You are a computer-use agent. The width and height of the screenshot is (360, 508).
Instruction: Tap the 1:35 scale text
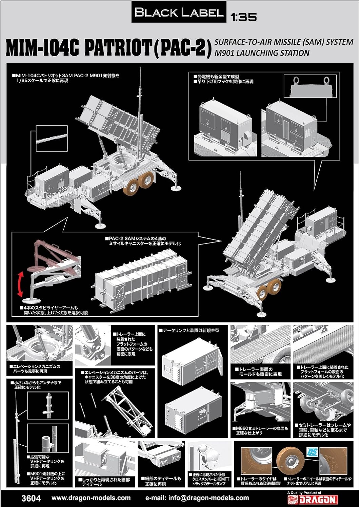coord(243,17)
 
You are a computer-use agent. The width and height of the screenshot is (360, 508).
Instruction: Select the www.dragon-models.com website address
coord(91,498)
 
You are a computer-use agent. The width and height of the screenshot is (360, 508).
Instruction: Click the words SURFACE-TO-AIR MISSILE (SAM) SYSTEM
coord(283,43)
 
